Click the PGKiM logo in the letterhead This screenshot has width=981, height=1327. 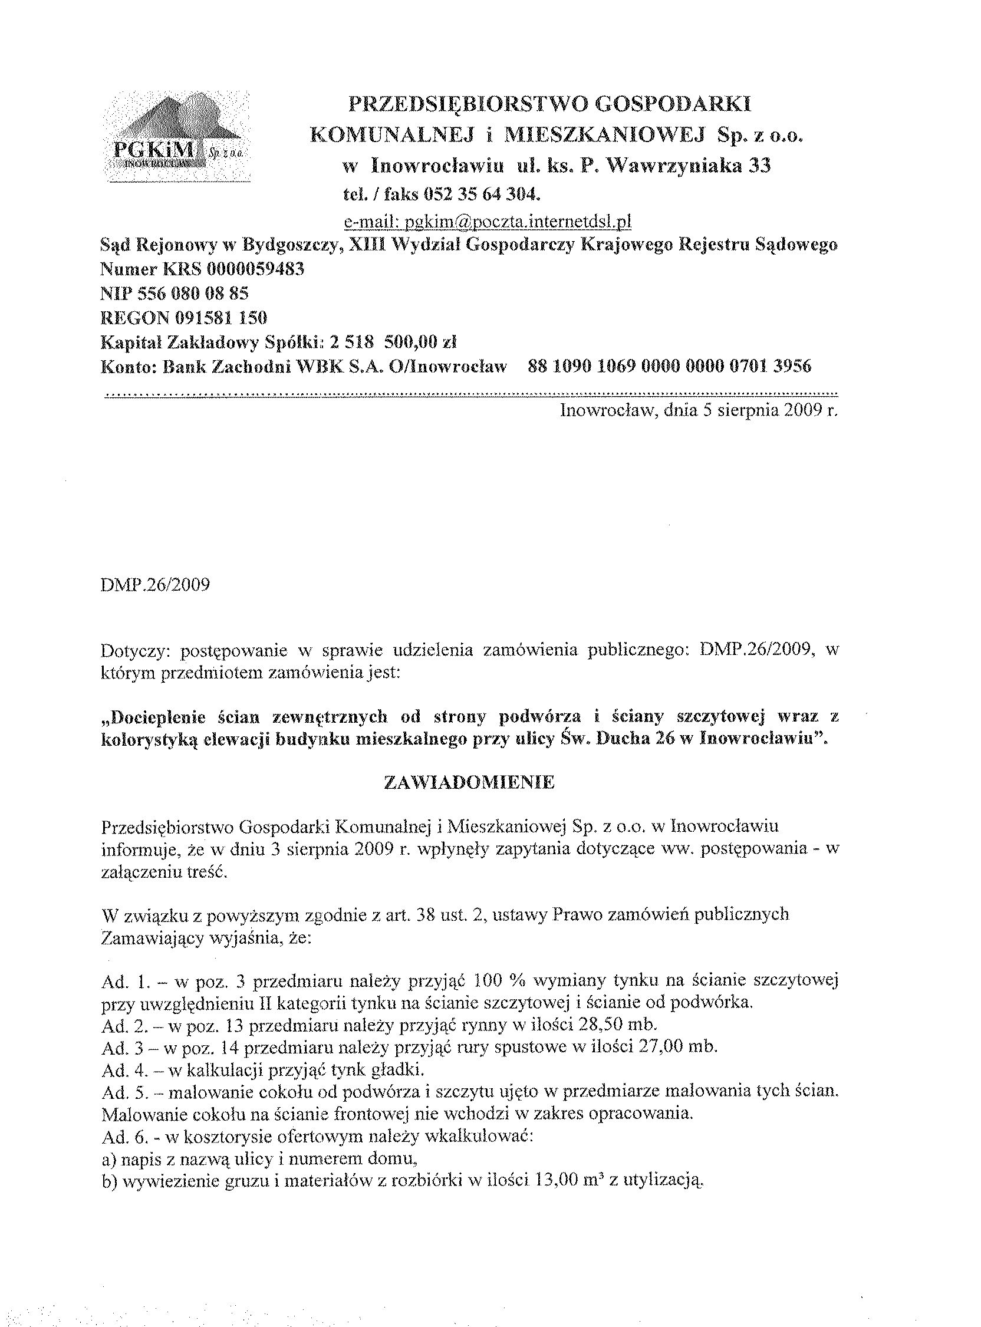click(x=176, y=139)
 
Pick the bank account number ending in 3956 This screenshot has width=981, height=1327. click(x=669, y=366)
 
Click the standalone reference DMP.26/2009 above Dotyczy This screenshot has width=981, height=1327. click(x=156, y=585)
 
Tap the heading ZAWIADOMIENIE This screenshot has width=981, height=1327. click(x=470, y=782)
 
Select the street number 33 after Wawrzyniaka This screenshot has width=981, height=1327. click(x=758, y=166)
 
